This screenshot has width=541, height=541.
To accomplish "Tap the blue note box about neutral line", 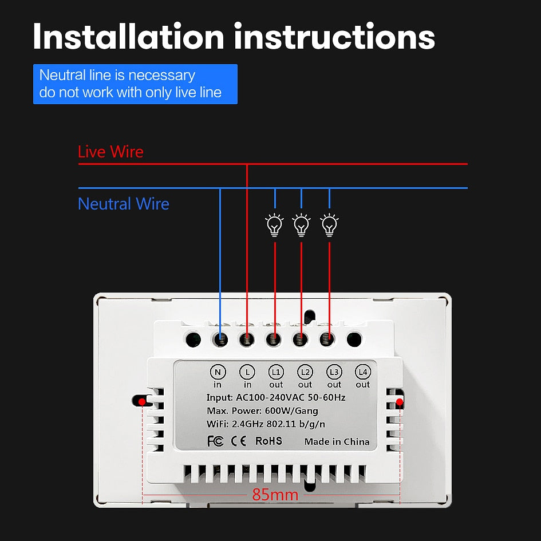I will click(135, 84).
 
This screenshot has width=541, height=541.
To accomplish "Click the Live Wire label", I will click(110, 152).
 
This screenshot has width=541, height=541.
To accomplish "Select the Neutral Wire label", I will click(124, 204).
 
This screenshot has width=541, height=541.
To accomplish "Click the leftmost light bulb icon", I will click(275, 225).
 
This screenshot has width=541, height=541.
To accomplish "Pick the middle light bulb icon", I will click(301, 225).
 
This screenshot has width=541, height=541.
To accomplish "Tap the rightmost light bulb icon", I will click(329, 225).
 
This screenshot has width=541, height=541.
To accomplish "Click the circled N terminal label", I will click(218, 372).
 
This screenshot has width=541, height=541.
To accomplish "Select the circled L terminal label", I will click(247, 372).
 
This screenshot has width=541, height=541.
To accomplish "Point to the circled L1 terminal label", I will click(276, 372).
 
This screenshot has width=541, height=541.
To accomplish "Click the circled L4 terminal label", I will click(362, 372).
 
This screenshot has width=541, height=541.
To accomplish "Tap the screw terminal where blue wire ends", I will click(220, 339).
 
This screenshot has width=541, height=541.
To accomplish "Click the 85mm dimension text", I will click(275, 495).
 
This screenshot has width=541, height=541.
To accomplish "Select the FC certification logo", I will click(215, 441).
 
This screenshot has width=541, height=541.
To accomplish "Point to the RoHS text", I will click(268, 441).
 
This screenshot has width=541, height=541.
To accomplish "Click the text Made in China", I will click(337, 441).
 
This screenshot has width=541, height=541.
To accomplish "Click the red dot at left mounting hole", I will click(141, 402).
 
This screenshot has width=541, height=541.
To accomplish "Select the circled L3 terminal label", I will click(334, 372).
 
